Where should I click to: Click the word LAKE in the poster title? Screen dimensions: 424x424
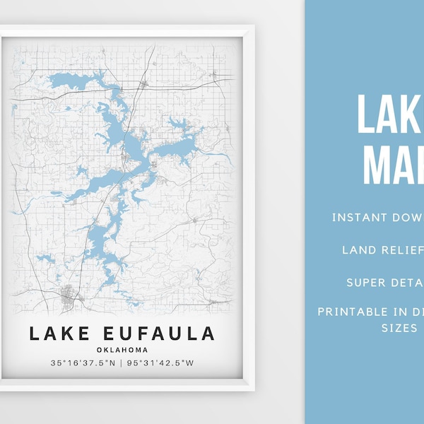tap(57, 332)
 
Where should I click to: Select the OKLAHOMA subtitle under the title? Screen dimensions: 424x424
tap(122, 349)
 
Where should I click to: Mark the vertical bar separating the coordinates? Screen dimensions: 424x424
tap(122, 364)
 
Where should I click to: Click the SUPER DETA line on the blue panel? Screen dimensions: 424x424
tap(385, 282)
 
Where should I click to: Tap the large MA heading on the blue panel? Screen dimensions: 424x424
tap(393, 166)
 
